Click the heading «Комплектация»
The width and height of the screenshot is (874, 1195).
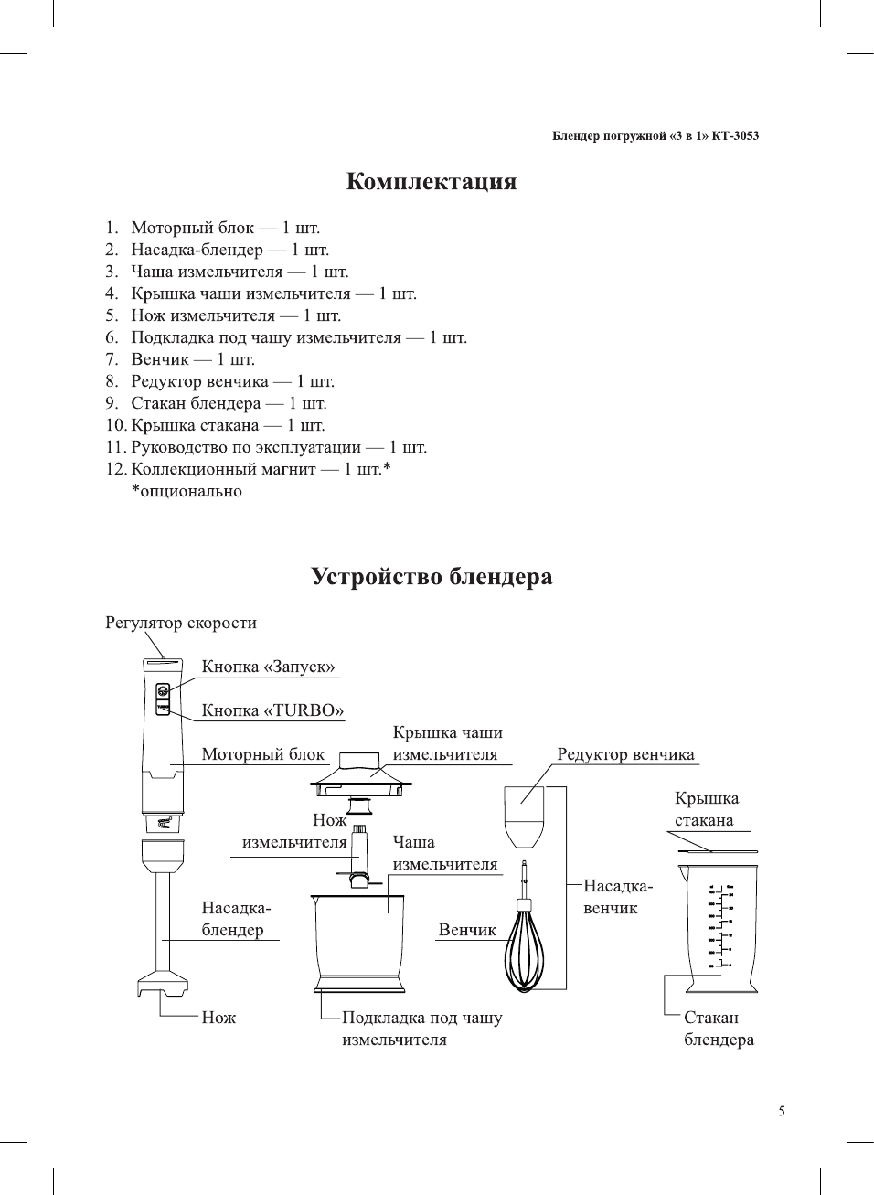point(431,181)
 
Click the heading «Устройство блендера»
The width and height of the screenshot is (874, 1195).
point(431,577)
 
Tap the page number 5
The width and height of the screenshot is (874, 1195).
point(781,1112)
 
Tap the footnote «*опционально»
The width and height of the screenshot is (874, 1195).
point(187,491)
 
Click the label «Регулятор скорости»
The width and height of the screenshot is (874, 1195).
point(181,623)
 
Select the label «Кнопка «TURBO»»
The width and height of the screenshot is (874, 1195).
point(272,710)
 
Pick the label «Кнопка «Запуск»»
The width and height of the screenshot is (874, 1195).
point(268,667)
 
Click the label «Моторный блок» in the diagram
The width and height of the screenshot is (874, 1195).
point(263,754)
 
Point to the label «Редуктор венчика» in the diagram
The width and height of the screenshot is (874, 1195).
point(625,754)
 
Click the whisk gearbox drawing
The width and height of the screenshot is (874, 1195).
point(524,816)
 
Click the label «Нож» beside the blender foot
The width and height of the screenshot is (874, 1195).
point(218,1018)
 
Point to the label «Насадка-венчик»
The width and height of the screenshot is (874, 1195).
point(617,897)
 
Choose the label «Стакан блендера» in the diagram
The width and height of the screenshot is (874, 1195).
point(719,1029)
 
